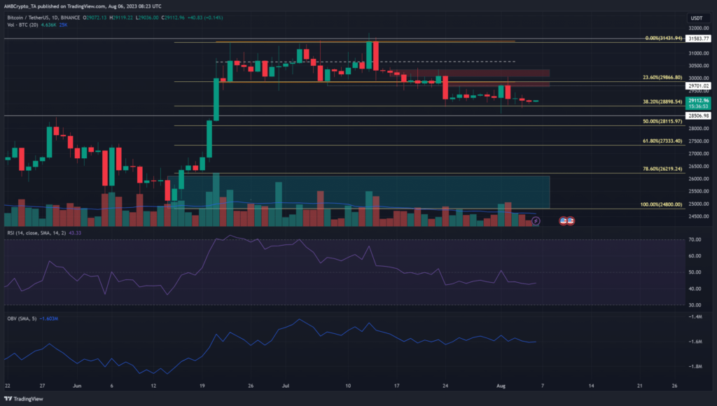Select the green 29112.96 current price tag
[697, 100]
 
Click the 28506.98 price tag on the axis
[697, 115]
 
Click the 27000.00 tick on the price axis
[697, 153]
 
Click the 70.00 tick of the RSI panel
[695, 239]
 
